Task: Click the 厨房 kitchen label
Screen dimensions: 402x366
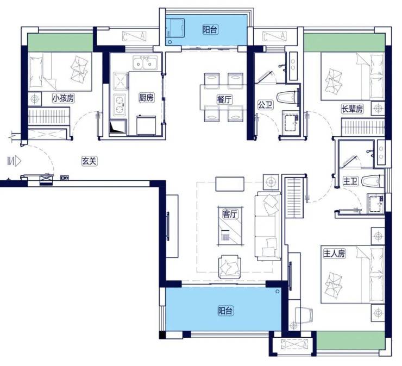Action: pos(146,97)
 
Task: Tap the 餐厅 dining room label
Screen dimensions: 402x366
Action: pos(224,99)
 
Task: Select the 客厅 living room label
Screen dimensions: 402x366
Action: pos(230,213)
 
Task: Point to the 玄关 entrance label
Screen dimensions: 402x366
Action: pos(89,161)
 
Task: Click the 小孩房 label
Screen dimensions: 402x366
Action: pos(64,98)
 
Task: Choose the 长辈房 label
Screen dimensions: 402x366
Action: pos(352,109)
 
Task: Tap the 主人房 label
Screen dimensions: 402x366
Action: pos(334,254)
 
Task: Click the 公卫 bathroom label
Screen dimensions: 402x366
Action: pos(265,105)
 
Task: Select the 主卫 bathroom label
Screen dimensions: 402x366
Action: pos(350,181)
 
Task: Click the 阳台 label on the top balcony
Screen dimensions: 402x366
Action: pos(210,30)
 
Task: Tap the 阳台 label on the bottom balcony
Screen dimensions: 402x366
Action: pos(225,311)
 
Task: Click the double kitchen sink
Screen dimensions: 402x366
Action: pos(145,63)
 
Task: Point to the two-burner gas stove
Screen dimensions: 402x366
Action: pos(120,105)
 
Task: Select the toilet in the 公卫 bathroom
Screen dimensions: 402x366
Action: pos(288,97)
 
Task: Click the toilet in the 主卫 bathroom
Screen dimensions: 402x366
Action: pos(373,181)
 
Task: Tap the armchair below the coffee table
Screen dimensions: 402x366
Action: pos(229,266)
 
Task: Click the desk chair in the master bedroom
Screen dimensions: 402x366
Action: pos(304,315)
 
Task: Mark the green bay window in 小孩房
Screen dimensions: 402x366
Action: pos(60,42)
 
